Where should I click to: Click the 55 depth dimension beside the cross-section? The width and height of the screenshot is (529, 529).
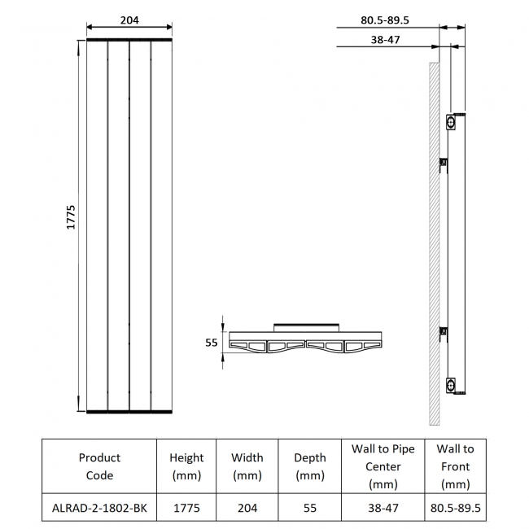(211, 343)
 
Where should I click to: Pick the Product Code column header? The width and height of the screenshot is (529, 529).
(99, 466)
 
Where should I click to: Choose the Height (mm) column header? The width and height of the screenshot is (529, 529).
(186, 466)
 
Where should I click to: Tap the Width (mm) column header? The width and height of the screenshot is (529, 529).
(247, 466)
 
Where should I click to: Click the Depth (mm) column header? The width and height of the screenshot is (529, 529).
(309, 466)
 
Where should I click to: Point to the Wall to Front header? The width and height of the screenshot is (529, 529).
(455, 466)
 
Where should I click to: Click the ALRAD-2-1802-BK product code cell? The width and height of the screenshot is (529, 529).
(99, 508)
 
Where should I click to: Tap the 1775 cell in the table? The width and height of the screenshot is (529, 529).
(186, 508)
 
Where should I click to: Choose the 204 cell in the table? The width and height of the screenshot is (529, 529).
(247, 508)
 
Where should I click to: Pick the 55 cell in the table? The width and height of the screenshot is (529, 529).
(309, 508)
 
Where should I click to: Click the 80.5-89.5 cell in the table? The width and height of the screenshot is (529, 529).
(455, 508)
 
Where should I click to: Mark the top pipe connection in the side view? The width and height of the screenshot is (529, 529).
(451, 122)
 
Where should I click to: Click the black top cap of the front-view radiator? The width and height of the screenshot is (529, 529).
(129, 40)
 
